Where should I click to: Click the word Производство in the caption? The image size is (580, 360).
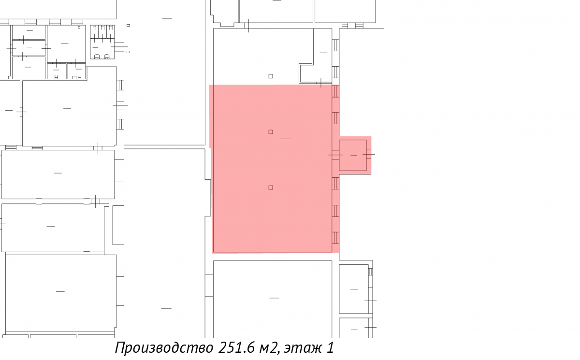(164, 348)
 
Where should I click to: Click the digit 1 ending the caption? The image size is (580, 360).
(330, 347)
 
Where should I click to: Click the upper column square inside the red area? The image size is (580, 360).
(271, 132)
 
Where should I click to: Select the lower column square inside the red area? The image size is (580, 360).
(271, 187)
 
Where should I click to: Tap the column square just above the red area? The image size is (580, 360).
(271, 76)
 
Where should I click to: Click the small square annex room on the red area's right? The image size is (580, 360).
(353, 155)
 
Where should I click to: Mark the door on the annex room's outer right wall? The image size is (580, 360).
(369, 154)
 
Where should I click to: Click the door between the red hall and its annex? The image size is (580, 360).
(335, 155)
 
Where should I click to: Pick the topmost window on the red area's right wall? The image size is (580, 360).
(335, 92)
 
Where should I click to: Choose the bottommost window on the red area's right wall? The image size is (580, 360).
(335, 238)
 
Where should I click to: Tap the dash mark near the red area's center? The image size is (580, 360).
(286, 139)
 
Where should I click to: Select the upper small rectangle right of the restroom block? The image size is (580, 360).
(128, 25)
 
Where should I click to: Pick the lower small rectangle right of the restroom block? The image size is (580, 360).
(128, 52)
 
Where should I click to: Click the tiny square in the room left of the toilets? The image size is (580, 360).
(79, 27)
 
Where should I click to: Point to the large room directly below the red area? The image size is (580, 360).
(273, 299)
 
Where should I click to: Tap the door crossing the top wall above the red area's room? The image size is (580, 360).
(248, 26)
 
